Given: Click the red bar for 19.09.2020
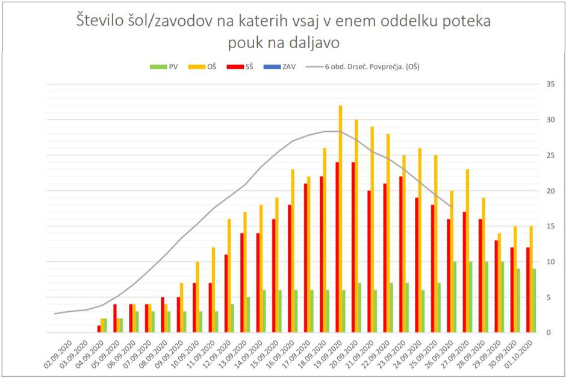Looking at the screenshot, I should [x=337, y=247].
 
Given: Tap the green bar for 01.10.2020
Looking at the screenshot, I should [x=533, y=300].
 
